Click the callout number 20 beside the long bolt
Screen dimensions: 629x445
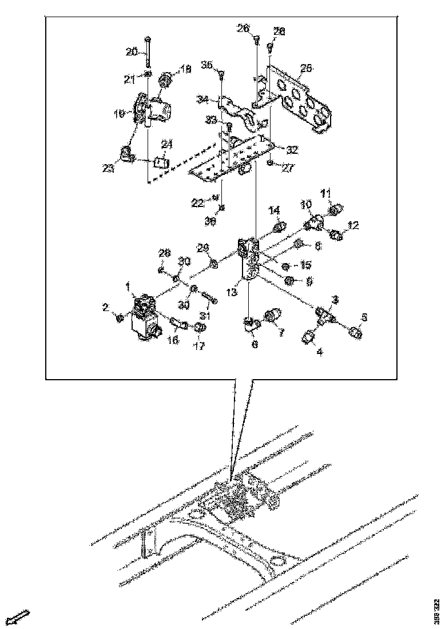pos(131,52)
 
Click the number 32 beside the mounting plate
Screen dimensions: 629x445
pos(292,150)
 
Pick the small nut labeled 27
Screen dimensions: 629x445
pos(269,163)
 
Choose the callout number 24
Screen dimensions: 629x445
pos(166,144)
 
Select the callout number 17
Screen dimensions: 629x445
pos(198,345)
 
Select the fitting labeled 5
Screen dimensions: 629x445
pos(355,333)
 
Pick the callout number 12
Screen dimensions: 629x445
pos(353,226)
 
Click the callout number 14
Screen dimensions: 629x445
pos(274,209)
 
